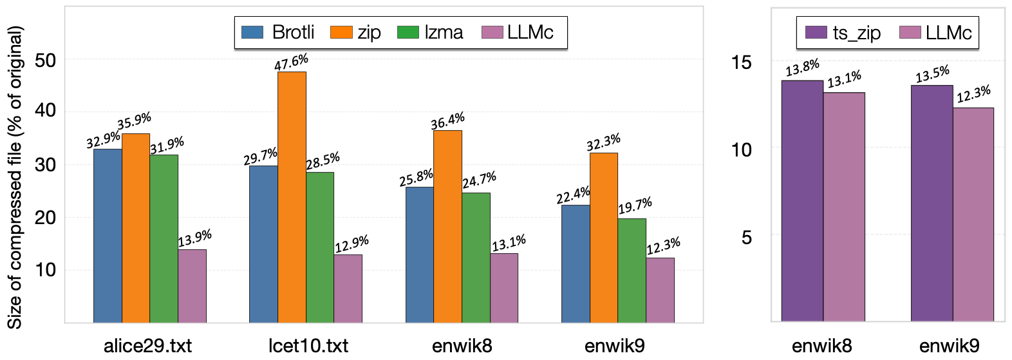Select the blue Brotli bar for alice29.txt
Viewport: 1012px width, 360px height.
coord(108,235)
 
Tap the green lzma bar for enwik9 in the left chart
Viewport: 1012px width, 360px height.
coord(632,270)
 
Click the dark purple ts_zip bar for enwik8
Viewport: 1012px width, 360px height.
coord(802,200)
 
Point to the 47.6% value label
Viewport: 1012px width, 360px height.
coord(292,62)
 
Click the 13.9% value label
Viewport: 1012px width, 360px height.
coord(194,239)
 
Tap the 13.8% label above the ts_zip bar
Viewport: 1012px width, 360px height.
coord(802,68)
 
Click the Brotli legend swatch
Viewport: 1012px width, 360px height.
coord(252,32)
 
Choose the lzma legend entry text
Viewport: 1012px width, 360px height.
coord(444,32)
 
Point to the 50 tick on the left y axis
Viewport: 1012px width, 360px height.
coord(46,60)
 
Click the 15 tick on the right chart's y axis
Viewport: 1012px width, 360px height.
coord(742,62)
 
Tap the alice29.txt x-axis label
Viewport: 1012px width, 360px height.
coord(148,346)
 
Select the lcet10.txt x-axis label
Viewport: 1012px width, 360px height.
coord(308,346)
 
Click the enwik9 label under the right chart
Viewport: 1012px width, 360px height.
coord(950,346)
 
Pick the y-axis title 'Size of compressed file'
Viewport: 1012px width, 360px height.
coord(15,177)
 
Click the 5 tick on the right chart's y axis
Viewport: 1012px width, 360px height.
coord(746,238)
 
